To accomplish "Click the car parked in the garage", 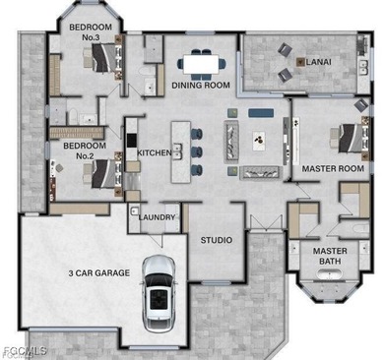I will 159,292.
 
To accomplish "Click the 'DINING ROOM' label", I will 201,86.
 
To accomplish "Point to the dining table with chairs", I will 200,62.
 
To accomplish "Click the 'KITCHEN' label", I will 154,153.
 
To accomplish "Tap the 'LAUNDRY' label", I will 157,217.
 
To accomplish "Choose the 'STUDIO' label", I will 217,240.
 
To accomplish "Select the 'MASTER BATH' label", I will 330,255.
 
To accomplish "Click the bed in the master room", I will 349,138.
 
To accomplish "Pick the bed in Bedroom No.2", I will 98,173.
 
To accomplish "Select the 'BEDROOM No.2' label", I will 78,150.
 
